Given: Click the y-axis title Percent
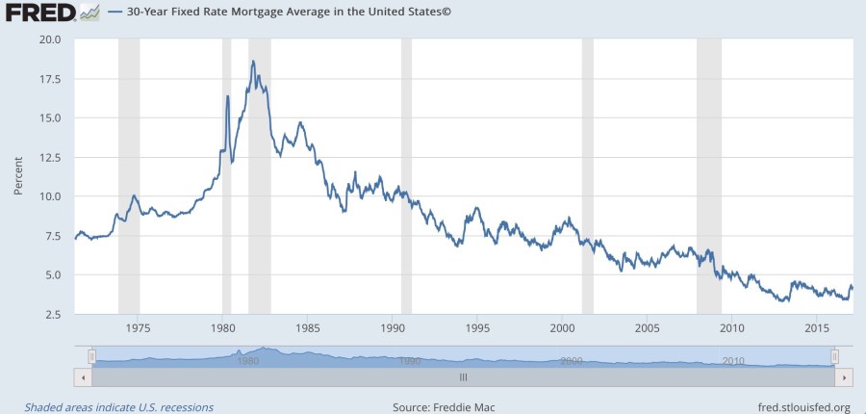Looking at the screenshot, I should [17, 175].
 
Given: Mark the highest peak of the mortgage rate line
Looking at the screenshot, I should [253, 62].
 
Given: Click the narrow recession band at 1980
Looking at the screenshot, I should [227, 173].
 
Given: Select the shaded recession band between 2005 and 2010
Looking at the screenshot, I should [709, 173].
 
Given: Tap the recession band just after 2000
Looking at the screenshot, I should [588, 173].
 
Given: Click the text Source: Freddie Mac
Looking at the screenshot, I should [444, 407].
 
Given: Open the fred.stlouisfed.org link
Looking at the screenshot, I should [803, 407].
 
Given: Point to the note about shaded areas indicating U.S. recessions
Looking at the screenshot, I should [119, 407].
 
